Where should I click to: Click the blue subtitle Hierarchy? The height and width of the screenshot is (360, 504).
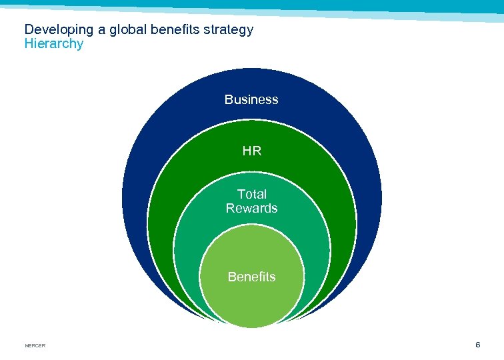point(54,44)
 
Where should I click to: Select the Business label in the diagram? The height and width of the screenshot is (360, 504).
point(251,100)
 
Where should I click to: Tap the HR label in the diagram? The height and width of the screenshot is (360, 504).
point(252,151)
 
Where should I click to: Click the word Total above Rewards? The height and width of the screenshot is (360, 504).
point(252,194)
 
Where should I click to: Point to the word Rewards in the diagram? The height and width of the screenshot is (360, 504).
point(251,209)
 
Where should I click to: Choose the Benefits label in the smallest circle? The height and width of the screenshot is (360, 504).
point(251,277)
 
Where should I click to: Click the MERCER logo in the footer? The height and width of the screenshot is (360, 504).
point(35,345)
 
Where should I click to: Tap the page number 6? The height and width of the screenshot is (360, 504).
point(477,345)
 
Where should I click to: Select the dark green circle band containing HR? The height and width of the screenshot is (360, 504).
point(180,173)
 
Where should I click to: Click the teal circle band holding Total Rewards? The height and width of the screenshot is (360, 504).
point(200,227)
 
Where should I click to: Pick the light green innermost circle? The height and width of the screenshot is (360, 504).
point(252,300)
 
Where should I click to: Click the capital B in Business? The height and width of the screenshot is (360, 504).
point(229,100)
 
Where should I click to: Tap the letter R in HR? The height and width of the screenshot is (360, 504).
point(257,151)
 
